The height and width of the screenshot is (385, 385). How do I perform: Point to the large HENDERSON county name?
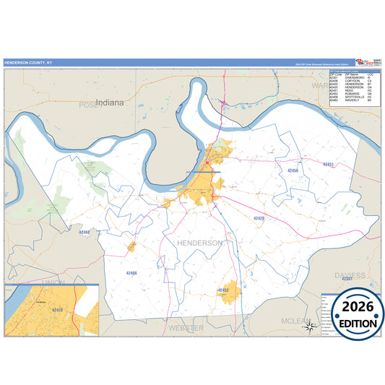pyautogui.click(x=199, y=243)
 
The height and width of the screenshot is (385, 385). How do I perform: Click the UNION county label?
pyautogui.click(x=53, y=281)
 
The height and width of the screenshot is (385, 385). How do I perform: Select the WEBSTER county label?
pyautogui.click(x=186, y=328)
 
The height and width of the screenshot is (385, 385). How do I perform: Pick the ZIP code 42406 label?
pyautogui.click(x=131, y=273)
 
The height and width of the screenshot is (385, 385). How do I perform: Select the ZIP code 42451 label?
pyautogui.click(x=329, y=165)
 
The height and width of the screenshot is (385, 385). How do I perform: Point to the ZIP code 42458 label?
pyautogui.click(x=292, y=170)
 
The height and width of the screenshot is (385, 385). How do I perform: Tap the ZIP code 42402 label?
pyautogui.click(x=85, y=233)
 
